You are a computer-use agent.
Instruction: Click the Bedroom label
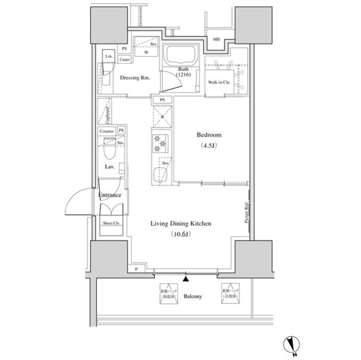(x=209, y=135)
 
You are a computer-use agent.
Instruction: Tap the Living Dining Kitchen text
(x=180, y=224)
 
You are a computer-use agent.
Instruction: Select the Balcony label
(x=193, y=296)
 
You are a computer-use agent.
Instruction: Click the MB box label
(x=216, y=39)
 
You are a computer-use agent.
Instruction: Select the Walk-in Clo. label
(x=218, y=82)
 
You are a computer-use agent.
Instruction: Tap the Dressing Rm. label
(x=135, y=78)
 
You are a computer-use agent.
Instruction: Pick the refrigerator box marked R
(x=162, y=117)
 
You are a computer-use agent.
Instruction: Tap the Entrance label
(x=110, y=195)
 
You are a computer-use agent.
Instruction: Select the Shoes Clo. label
(x=111, y=223)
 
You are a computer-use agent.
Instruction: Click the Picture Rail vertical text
(x=246, y=213)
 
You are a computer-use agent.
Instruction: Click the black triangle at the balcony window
(x=186, y=277)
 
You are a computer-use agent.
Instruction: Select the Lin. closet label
(x=108, y=58)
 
